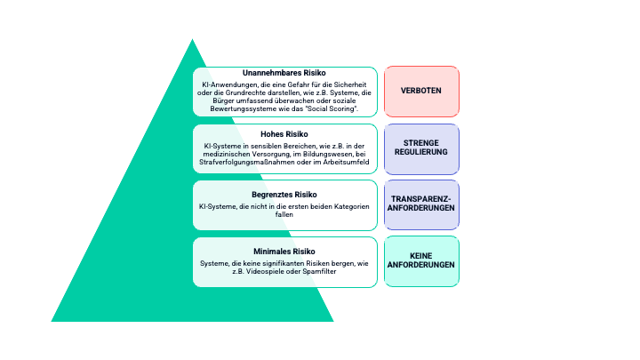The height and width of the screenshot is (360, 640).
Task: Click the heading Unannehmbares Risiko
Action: (284, 73)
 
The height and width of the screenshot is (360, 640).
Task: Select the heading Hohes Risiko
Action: (284, 132)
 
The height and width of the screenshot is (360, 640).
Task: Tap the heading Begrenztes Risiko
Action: (284, 194)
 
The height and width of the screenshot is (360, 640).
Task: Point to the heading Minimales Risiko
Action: (284, 252)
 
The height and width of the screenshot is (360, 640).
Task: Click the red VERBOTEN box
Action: (421, 92)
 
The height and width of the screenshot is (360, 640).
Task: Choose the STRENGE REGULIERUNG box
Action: (421, 148)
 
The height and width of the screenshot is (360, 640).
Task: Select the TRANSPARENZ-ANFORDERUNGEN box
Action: (421, 204)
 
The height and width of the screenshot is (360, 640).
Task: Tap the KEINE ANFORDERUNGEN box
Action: (421, 261)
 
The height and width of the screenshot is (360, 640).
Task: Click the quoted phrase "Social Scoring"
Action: (332, 108)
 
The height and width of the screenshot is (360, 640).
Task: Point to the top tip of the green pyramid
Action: (192, 39)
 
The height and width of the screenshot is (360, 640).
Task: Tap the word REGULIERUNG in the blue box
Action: (421, 153)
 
